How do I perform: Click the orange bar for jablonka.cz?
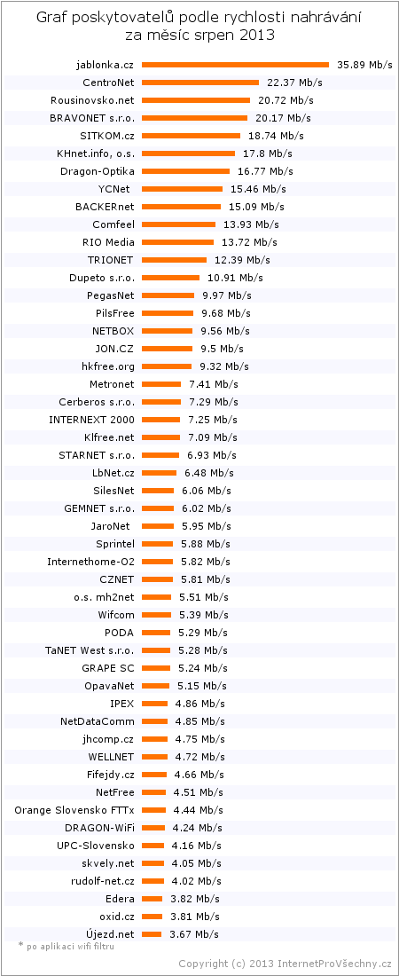(235, 65)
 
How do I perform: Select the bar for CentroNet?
(200, 83)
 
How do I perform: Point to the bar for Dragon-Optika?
(185, 171)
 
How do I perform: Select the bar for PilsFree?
(168, 312)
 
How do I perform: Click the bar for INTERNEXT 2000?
(160, 420)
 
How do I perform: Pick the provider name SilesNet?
(113, 491)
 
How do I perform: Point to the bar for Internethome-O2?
(158, 562)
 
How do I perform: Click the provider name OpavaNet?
(110, 686)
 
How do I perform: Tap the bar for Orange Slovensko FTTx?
(153, 810)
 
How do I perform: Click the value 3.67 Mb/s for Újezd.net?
(193, 934)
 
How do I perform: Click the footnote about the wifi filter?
(66, 946)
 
